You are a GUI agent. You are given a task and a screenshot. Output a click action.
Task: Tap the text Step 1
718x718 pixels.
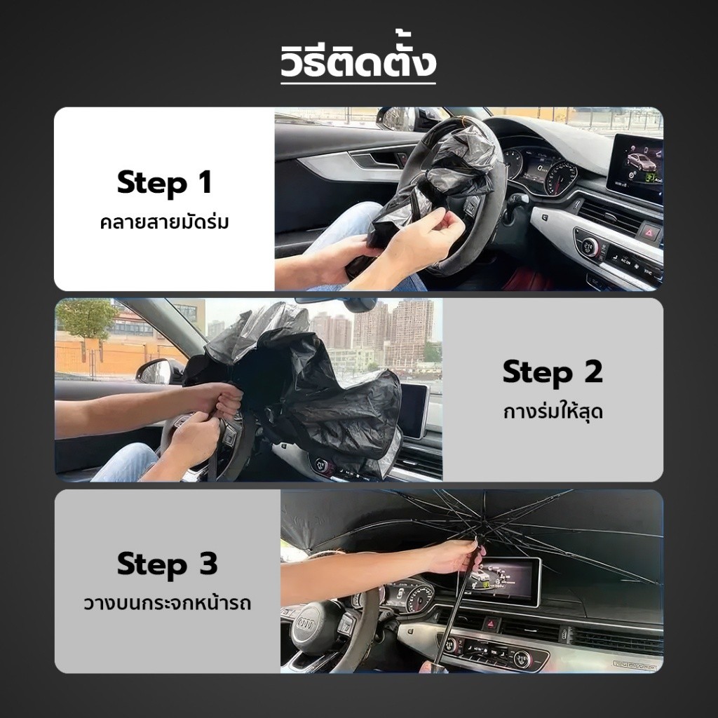point(164,183)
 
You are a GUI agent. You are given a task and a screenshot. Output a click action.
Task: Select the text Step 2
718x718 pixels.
point(553,372)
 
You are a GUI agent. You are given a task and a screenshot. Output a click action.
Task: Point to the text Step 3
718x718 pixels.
point(167,564)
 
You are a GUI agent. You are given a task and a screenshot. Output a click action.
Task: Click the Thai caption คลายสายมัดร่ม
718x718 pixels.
point(164,222)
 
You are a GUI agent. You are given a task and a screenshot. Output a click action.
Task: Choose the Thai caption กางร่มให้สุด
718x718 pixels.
point(553,412)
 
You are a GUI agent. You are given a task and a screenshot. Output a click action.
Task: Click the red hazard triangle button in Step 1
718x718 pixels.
point(650,233)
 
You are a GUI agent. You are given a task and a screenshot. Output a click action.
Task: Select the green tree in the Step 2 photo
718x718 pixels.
point(86,316)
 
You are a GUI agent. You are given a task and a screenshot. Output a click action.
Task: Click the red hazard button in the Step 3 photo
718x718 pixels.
point(491,623)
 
